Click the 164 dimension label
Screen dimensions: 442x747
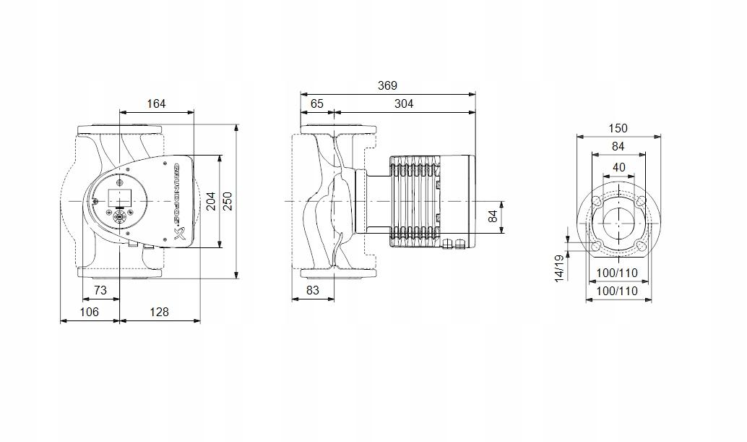click(x=156, y=103)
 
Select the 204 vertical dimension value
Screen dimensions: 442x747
click(x=211, y=201)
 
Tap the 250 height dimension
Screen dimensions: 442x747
click(x=228, y=201)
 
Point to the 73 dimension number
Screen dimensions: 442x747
click(x=100, y=290)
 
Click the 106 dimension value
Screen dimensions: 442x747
click(x=89, y=312)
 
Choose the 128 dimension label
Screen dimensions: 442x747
click(x=159, y=312)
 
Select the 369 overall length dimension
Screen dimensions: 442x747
click(x=388, y=85)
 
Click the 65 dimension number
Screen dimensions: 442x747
click(x=317, y=103)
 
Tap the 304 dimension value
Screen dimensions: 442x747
click(x=404, y=103)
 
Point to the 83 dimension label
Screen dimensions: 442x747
click(x=311, y=290)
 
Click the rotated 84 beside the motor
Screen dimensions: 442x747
click(x=494, y=216)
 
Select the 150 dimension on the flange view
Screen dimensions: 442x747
click(x=618, y=128)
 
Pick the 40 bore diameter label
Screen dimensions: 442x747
click(x=618, y=167)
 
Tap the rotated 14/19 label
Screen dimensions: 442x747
click(x=559, y=268)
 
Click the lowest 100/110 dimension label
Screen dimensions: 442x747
click(x=618, y=291)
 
